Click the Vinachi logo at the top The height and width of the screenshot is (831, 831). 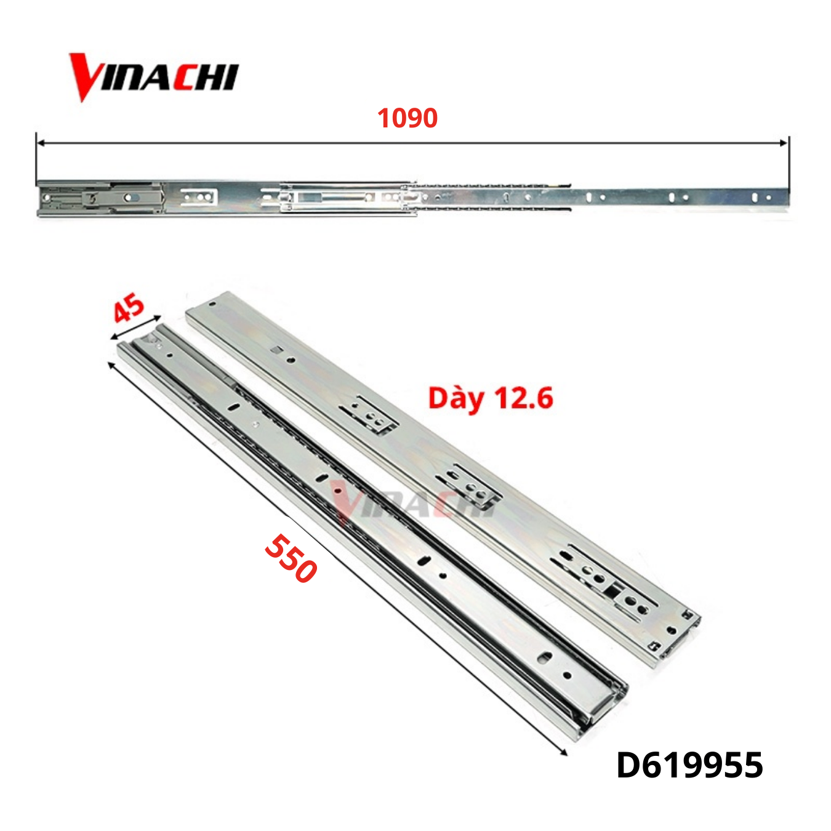pyautogui.click(x=153, y=76)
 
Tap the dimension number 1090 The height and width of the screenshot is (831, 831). pyautogui.click(x=407, y=118)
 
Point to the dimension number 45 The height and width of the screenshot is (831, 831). pyautogui.click(x=129, y=308)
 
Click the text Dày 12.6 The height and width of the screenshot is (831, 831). pyautogui.click(x=491, y=398)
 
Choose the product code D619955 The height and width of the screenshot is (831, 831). pyautogui.click(x=689, y=765)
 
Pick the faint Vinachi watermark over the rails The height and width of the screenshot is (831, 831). pyautogui.click(x=406, y=502)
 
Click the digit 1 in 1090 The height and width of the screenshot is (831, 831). pyautogui.click(x=383, y=118)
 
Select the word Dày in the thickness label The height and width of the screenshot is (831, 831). pyautogui.click(x=456, y=398)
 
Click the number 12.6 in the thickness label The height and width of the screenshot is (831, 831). pyautogui.click(x=524, y=398)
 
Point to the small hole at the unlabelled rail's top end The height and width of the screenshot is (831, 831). pyautogui.click(x=212, y=303)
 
